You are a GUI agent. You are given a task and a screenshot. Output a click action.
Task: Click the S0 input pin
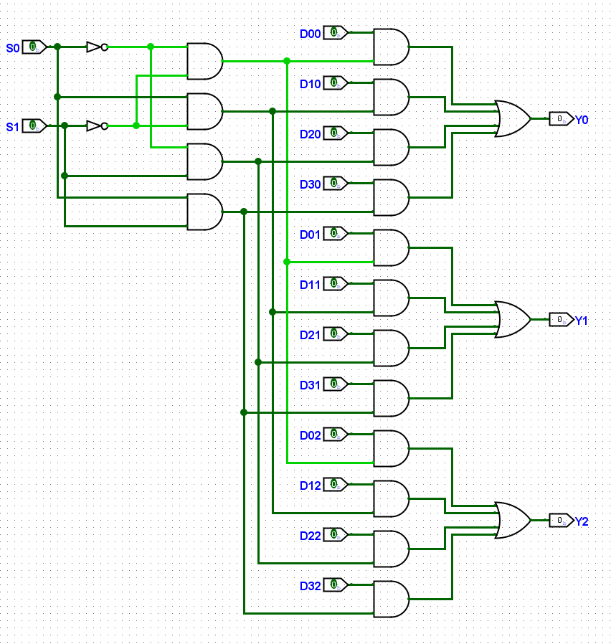pos(34,47)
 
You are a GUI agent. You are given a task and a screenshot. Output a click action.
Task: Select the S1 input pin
pos(34,126)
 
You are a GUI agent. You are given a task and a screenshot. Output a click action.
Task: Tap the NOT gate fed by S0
pos(98,47)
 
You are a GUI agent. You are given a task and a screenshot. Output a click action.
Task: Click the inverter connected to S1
pos(98,126)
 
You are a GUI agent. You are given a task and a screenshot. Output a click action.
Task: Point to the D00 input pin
pos(336,32)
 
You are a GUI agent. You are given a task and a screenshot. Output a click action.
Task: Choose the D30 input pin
pos(336,183)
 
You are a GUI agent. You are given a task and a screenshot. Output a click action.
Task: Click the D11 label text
pos(310,285)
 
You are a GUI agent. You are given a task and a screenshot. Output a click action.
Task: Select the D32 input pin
pos(336,584)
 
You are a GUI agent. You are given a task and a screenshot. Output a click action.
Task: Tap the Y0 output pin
pos(561,119)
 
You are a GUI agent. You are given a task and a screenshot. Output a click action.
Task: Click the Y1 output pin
pos(561,320)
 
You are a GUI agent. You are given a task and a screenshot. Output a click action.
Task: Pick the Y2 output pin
pos(561,521)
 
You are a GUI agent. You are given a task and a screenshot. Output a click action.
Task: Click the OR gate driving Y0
pos(513,119)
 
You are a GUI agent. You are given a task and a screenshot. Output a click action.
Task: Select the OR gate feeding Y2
pos(513,521)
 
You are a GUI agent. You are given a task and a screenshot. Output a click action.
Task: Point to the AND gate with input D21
pos(392,349)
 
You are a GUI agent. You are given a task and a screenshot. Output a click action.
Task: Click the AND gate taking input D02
pos(392,448)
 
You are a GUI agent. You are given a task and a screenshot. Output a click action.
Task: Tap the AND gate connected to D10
pos(392,98)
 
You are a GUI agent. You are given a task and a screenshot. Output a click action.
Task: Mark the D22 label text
pos(310,536)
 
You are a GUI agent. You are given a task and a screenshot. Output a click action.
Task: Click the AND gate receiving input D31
pos(392,399)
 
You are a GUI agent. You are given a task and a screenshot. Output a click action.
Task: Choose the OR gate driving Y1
pos(513,320)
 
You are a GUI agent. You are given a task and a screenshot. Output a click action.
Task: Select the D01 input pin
pos(336,233)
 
